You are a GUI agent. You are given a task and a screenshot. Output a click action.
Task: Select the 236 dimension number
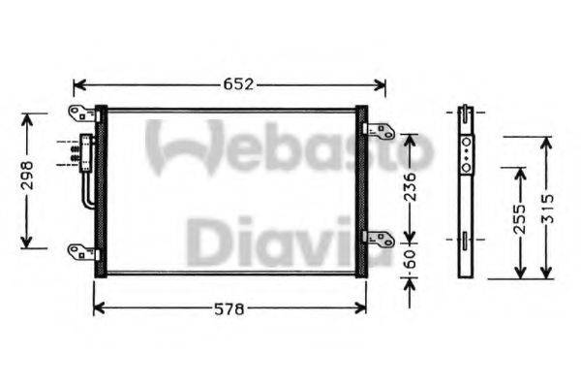tap(411, 184)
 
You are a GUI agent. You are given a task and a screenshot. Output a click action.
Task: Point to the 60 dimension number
tap(411, 261)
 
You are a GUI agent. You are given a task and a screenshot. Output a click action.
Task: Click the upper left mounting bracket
tap(81, 113)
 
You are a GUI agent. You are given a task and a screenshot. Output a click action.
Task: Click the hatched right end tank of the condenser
tap(361, 191)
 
